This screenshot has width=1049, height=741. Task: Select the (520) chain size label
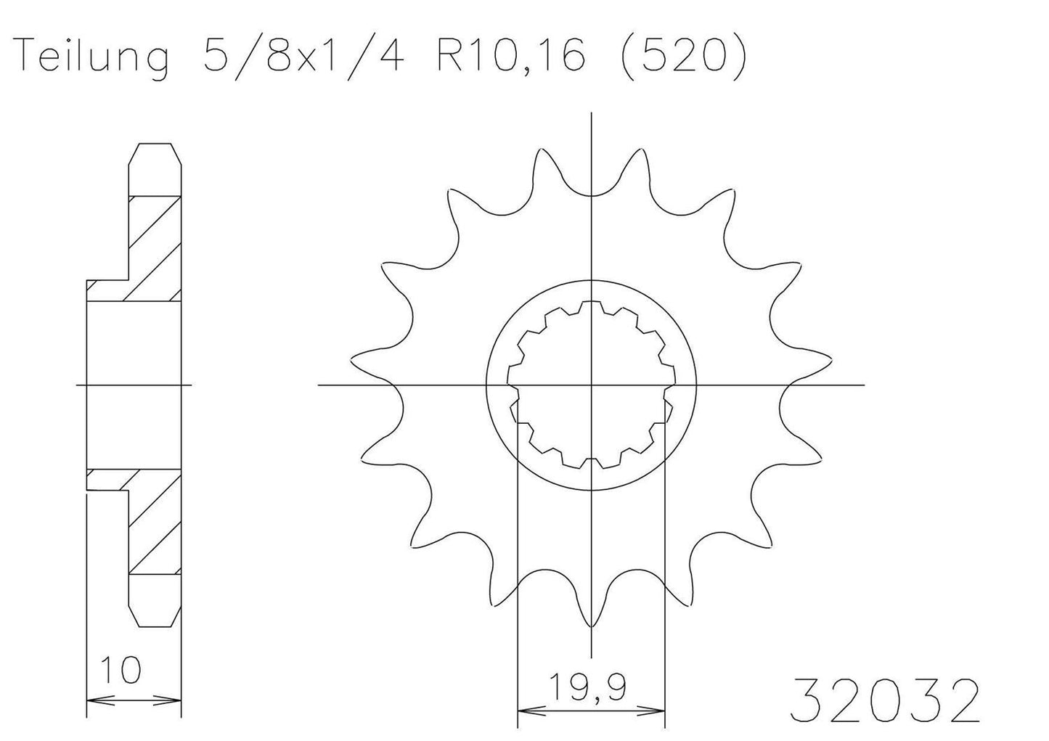pos(680,56)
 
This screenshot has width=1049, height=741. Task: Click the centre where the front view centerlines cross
pos(592,384)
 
